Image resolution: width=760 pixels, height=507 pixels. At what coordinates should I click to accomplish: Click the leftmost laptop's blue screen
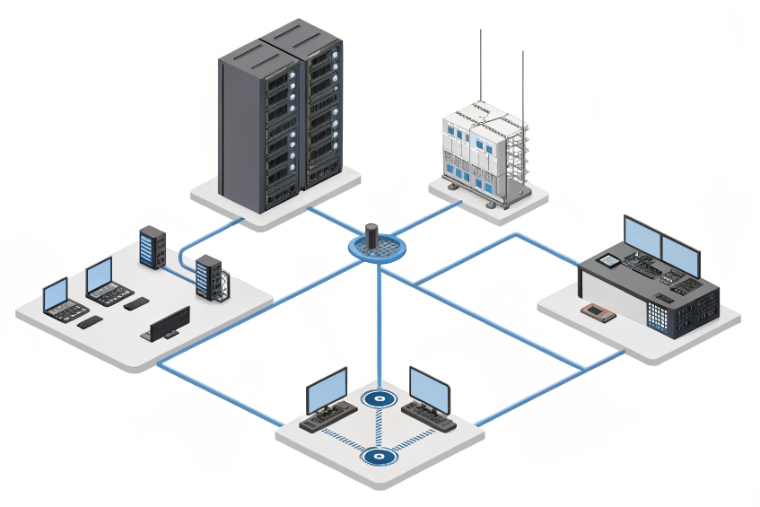(x=56, y=293)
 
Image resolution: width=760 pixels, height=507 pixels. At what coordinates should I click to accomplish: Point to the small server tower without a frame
(x=152, y=248)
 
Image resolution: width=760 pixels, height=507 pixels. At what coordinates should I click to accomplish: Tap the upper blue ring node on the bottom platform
(x=379, y=399)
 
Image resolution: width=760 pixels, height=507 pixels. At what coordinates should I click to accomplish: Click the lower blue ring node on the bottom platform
(x=379, y=457)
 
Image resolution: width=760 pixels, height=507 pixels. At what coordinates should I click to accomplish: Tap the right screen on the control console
(x=679, y=246)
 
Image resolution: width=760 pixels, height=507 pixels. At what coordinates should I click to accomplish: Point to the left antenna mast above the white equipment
(x=481, y=63)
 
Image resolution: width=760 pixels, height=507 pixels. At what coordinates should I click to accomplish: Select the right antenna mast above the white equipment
(x=522, y=81)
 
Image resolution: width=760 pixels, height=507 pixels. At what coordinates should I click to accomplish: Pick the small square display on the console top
(x=609, y=259)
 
